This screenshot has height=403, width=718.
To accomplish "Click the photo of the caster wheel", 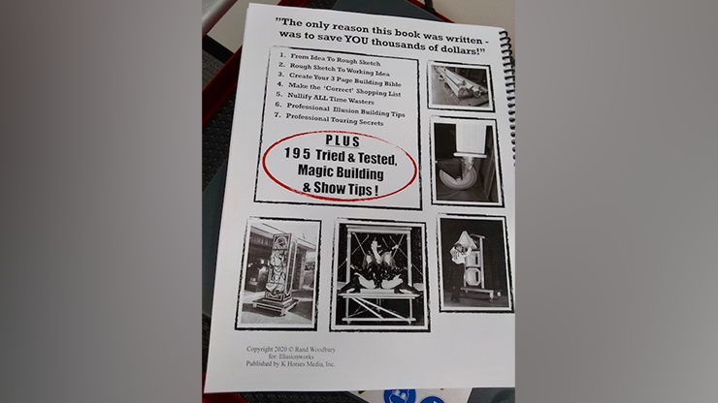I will pos(466,162).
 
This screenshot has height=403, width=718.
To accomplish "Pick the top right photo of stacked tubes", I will pos(460,85).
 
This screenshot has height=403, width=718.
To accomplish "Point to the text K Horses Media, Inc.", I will pos(314,364).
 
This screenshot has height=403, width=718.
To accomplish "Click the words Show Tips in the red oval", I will pos(363,188).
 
